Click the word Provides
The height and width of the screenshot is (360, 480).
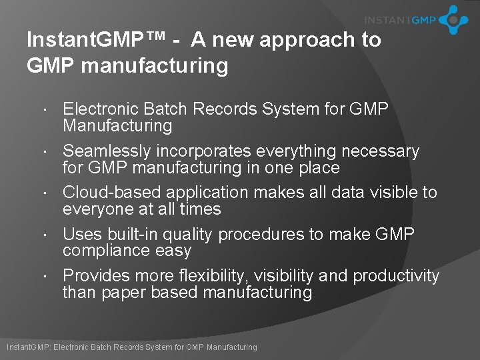[96, 276]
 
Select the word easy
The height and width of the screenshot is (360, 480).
[175, 251]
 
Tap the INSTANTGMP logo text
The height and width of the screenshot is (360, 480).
[400, 20]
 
